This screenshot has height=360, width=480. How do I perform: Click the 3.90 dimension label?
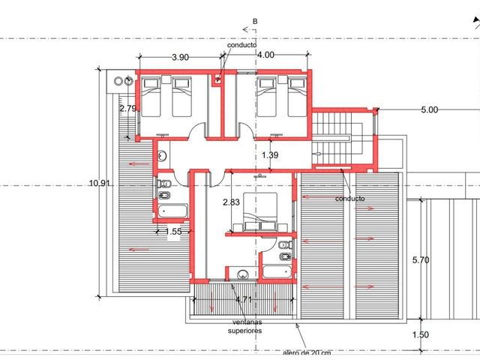pos(180,57)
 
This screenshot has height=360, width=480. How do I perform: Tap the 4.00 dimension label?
pos(265,55)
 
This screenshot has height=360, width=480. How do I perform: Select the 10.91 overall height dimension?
pos(100,183)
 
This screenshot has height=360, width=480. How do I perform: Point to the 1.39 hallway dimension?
pos(270,155)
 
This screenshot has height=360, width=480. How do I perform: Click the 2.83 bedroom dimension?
pos(231,202)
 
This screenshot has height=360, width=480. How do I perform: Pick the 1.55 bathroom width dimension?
pos(173,232)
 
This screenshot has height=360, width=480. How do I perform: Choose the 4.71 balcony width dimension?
pos(244,299)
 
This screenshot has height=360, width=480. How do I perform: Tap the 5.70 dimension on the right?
pos(421,260)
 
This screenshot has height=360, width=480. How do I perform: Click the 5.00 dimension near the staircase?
pos(430,110)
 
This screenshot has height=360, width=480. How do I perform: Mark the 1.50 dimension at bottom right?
pos(421,334)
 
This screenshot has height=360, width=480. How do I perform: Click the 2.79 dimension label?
pos(128,108)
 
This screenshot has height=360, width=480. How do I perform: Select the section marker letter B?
pos(255,22)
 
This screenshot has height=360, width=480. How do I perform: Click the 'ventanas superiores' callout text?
pos(245,326)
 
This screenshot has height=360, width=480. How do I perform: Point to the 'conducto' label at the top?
pos(241,45)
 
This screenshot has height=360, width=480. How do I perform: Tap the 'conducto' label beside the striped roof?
pos(350,199)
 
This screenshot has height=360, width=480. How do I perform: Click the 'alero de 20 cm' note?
pos(307,353)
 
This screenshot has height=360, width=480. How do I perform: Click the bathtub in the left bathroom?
pos(172,211)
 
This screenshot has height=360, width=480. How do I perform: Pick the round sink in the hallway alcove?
pos(162,156)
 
